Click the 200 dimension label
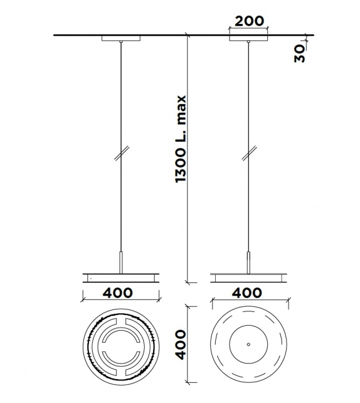(x=248, y=19)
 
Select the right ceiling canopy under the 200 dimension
(x=249, y=39)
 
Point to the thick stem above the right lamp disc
(x=249, y=261)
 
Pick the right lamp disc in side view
(x=249, y=276)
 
